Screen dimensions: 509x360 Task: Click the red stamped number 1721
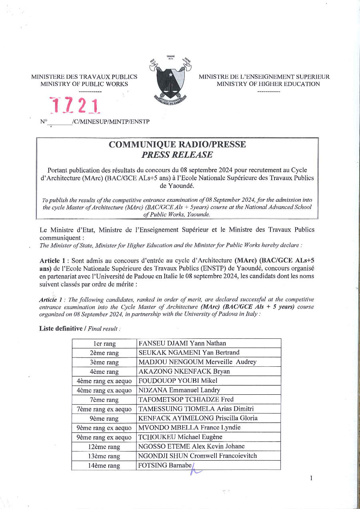pos(75,105)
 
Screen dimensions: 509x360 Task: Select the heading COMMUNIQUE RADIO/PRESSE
pos(177,145)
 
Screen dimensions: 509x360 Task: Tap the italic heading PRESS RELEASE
pos(177,155)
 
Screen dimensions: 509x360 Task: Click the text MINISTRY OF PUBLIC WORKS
pos(84,84)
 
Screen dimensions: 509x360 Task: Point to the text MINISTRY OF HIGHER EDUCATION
pos(268,84)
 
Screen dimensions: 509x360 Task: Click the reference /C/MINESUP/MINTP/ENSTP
pos(111,121)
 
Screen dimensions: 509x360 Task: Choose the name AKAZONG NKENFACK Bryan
pos(184,372)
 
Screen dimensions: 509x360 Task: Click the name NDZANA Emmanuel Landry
pos(179,390)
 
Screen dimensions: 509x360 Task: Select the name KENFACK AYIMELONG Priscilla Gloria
pos(198,418)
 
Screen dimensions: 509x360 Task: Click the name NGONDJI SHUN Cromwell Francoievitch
pos(197,456)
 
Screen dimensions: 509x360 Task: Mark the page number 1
pos(311,479)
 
